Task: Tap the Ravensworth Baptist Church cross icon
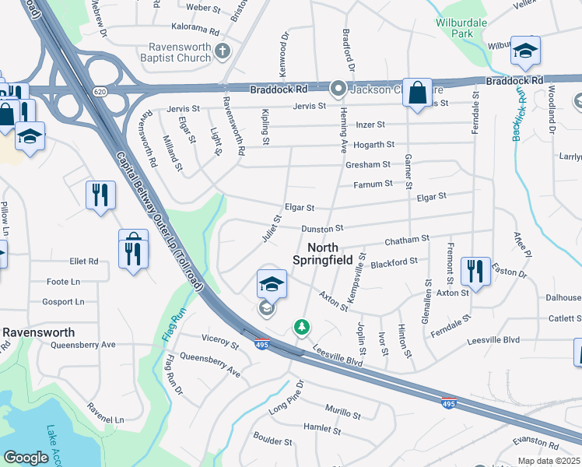tap(223, 51)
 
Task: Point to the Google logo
tap(26, 458)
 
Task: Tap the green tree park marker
tap(301, 327)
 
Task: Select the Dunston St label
tap(323, 229)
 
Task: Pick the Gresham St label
tap(369, 164)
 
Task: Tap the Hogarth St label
tap(374, 145)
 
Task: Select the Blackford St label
tap(394, 262)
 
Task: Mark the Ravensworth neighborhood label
tap(39, 331)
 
